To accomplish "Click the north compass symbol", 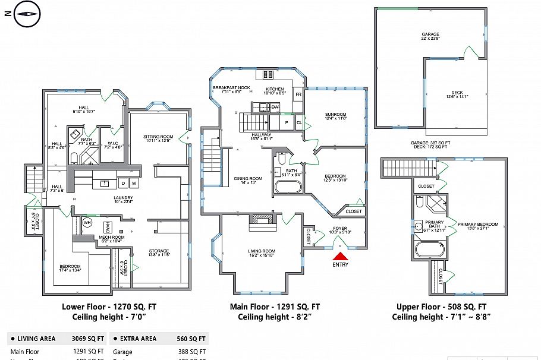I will pyautogui.click(x=26, y=15).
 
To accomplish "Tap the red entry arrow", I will pyautogui.click(x=341, y=256).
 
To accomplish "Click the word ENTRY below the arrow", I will pyautogui.click(x=341, y=265).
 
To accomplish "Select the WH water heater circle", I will pyautogui.click(x=87, y=222).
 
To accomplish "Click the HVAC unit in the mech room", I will pyautogui.click(x=108, y=228).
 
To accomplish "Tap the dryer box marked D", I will pyautogui.click(x=123, y=183).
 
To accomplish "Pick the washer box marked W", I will pyautogui.click(x=134, y=183).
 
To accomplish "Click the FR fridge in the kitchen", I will pyautogui.click(x=298, y=94).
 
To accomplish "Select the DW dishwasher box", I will pyautogui.click(x=275, y=107).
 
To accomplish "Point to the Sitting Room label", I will pyautogui.click(x=158, y=138).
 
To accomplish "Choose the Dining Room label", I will pyautogui.click(x=248, y=179).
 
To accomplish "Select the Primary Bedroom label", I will pyautogui.click(x=478, y=225).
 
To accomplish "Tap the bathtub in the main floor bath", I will pyautogui.click(x=288, y=186).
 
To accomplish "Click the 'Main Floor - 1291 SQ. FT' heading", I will pyautogui.click(x=275, y=307).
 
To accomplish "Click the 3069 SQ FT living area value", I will pyautogui.click(x=88, y=339).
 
